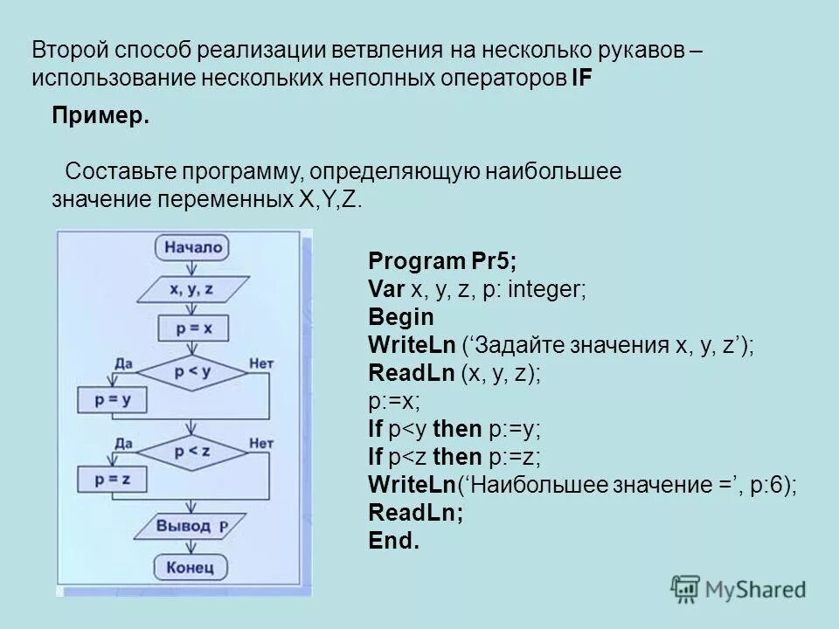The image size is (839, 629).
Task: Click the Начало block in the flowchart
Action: point(192,247)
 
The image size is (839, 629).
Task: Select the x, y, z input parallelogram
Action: point(191,288)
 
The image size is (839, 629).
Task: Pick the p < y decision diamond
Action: point(192,372)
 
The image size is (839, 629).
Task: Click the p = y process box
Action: point(113,400)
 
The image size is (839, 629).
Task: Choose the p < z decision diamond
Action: point(192,452)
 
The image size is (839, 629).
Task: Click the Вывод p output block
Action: point(192,527)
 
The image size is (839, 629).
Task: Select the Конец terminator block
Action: point(191,567)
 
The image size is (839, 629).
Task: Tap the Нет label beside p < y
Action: point(260,362)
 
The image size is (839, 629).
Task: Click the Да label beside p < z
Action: point(123,442)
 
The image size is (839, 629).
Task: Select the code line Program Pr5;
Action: point(442,261)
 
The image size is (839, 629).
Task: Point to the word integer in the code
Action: point(549,289)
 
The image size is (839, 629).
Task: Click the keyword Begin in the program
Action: point(401,317)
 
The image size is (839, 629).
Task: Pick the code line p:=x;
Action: point(394,401)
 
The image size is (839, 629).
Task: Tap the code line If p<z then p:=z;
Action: point(454,457)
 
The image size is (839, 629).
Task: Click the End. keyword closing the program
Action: point(393,541)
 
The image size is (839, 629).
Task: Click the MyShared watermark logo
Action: point(738,588)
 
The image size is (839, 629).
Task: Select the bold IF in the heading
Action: point(581,77)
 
